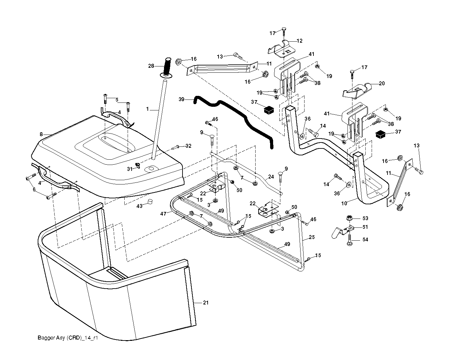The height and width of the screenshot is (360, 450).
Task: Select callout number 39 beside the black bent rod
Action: coord(181,99)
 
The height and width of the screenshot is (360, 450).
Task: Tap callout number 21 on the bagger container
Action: coord(206,302)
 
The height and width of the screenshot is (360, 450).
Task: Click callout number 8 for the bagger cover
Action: coord(41,135)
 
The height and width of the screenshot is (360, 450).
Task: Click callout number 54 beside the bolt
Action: coord(365,239)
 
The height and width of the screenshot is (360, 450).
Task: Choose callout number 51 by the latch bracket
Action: coord(365,227)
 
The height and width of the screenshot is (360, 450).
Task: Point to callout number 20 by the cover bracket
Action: coord(382,84)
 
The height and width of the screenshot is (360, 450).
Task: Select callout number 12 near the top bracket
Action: coord(300,41)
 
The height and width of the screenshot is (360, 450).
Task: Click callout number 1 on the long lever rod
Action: coord(147,108)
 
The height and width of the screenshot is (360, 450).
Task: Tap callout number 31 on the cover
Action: coord(130,169)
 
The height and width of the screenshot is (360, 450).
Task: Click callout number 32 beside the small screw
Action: coord(188,146)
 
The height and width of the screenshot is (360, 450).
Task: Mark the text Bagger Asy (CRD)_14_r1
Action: coord(68,338)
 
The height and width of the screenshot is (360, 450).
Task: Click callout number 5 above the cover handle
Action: coord(117,100)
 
